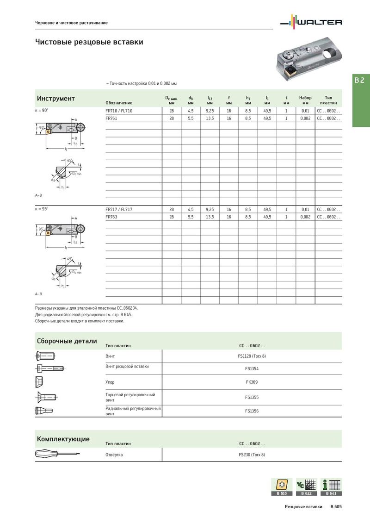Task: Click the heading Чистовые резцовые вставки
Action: (x=89, y=42)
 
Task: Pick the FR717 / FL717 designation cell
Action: (x=119, y=209)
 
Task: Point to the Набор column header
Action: (x=305, y=100)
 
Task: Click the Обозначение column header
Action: (x=119, y=102)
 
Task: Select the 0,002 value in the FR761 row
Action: (x=305, y=119)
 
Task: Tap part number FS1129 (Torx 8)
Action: (x=252, y=356)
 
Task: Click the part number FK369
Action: (x=252, y=382)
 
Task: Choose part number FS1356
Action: (x=252, y=411)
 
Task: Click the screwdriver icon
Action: (x=57, y=455)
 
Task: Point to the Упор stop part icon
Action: (x=39, y=382)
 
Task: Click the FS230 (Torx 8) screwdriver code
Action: (x=252, y=455)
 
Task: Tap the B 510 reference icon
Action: (x=281, y=487)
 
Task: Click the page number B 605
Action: (x=336, y=507)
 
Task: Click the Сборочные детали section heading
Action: (x=67, y=341)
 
